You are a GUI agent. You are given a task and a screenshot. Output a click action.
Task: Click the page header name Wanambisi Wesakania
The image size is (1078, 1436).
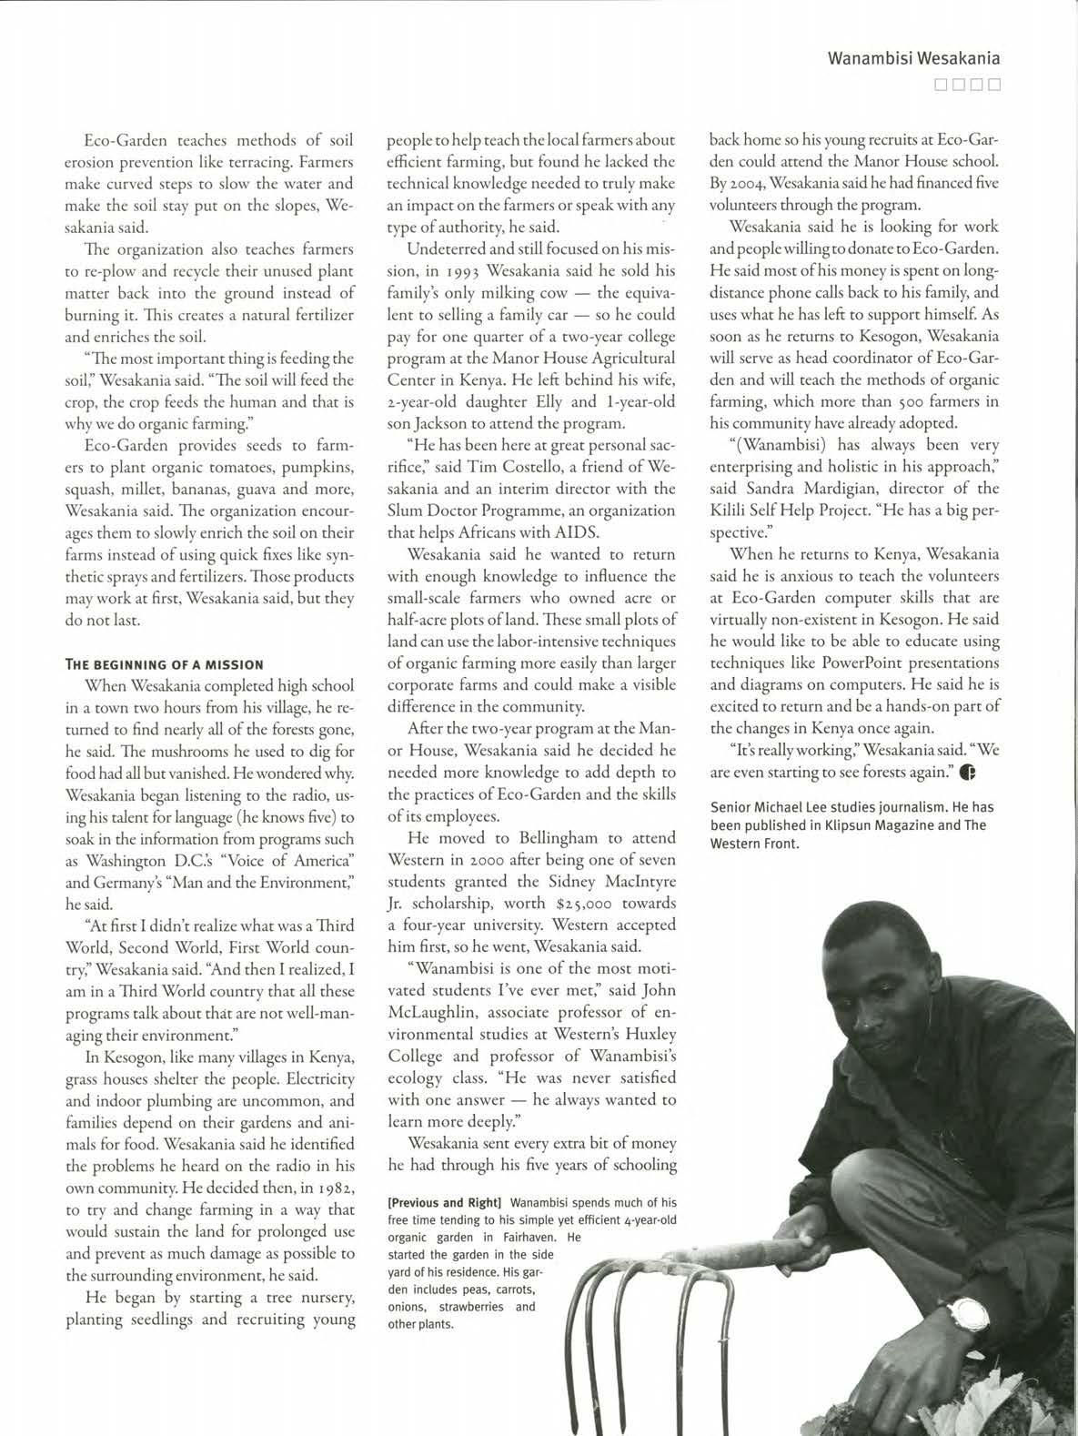(x=913, y=59)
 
